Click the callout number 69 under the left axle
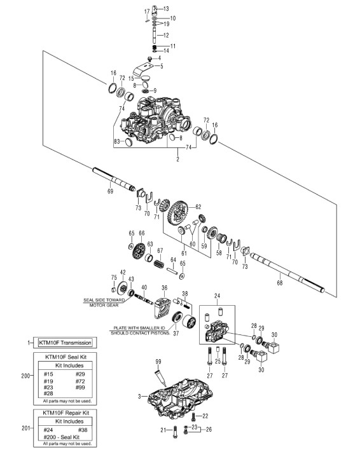111,191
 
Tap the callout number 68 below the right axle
280,283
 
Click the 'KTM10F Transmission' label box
65,343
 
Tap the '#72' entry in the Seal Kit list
80,381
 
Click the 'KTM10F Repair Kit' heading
66,413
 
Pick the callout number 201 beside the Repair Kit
25,428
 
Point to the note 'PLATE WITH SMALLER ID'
140,328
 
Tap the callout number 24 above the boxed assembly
218,296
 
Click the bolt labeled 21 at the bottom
175,432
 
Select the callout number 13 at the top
166,9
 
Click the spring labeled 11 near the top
155,47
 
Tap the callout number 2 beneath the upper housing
177,159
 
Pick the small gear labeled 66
139,251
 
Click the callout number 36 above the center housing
164,288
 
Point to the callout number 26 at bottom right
209,429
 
